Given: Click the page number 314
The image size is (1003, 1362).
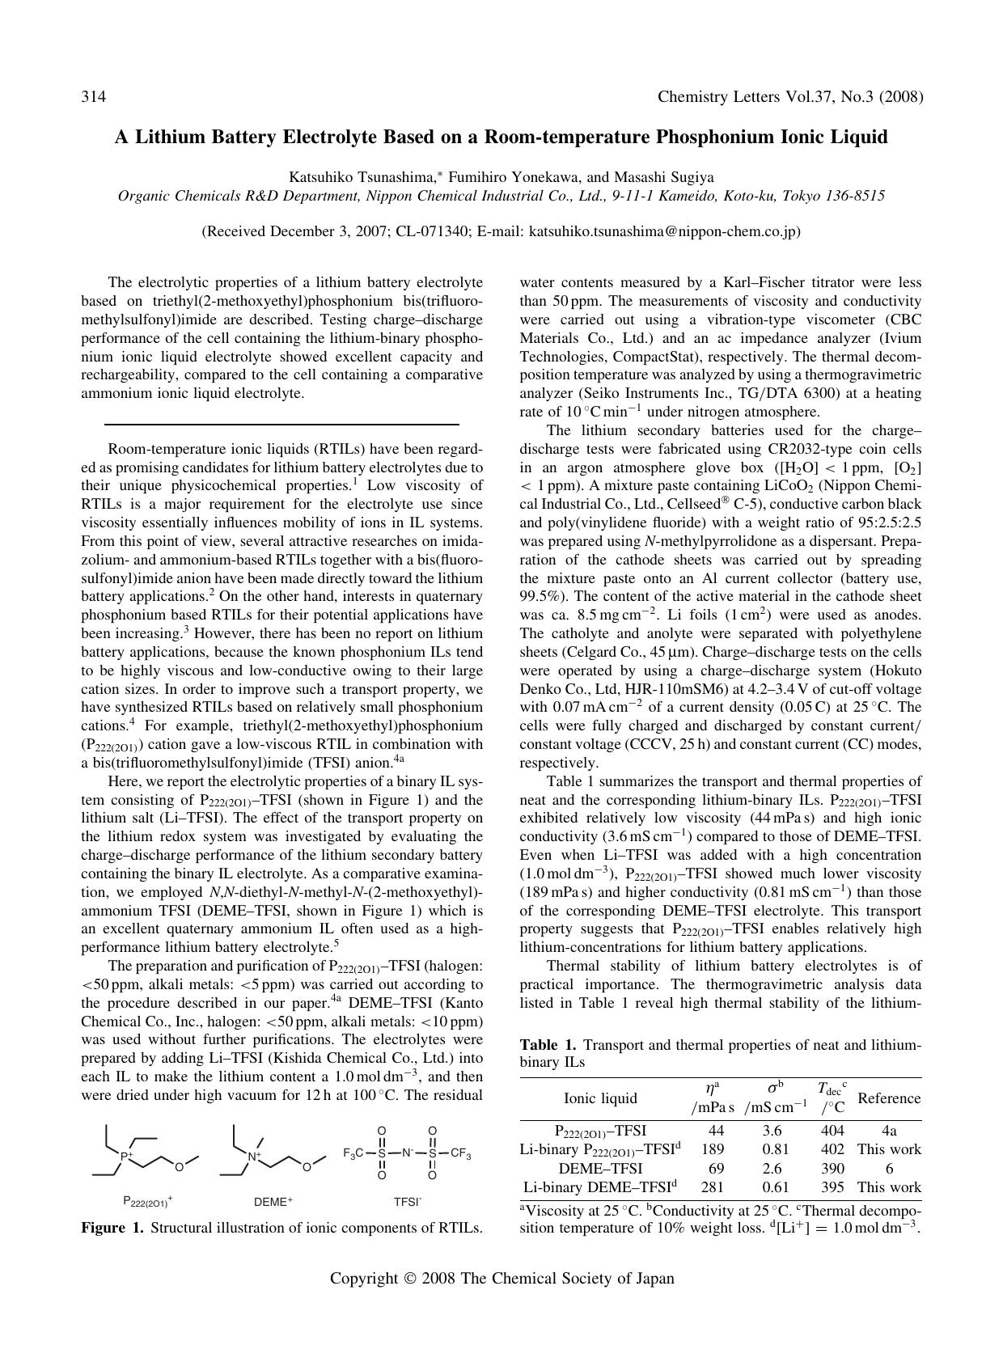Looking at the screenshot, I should coord(94,98).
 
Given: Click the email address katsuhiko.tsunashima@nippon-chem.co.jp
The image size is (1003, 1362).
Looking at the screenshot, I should coord(662,231).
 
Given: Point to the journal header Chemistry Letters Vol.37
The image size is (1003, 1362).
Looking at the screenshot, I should coord(745,98).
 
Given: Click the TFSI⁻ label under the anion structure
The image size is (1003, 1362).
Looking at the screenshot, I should coord(408,1202).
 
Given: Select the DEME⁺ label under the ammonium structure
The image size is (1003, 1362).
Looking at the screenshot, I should coord(273,1202).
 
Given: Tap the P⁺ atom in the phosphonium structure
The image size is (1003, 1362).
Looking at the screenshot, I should coord(125,1157).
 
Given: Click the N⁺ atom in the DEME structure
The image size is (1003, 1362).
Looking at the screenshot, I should coord(254,1157).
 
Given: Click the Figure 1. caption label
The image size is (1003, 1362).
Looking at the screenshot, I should coord(112,1228).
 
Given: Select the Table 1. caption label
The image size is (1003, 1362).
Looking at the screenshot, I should coord(548,1046).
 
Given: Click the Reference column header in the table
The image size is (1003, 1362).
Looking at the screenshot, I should coord(888,1098).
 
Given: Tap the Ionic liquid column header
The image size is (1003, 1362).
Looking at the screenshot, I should coord(600,1098).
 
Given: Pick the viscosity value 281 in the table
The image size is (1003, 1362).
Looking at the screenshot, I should coord(713,1187).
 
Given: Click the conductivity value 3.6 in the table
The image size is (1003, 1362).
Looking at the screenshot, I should coord(772,1131).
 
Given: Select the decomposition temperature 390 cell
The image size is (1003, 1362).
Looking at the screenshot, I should coord(832,1169).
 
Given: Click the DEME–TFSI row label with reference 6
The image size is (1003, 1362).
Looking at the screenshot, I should coord(600,1169).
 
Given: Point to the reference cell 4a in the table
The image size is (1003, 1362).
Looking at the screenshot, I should coord(888,1131).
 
